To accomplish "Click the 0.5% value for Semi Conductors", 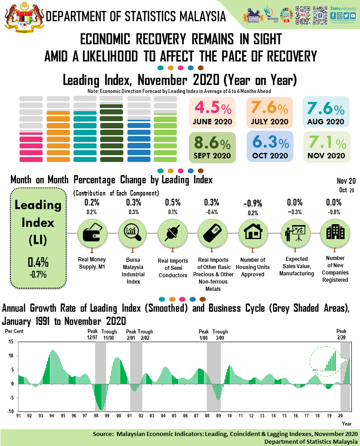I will point(172,202).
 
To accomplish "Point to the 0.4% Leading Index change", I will point(38,262).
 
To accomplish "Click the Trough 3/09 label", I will point(220,334).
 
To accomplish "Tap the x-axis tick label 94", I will point(52,416).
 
